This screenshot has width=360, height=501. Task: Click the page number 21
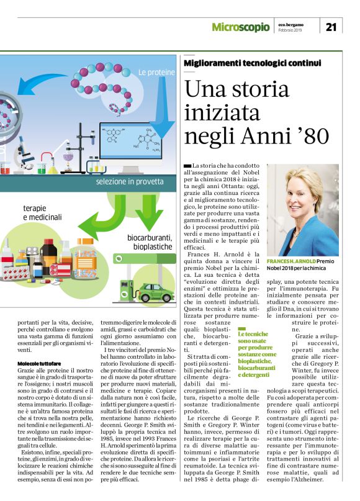(331, 27)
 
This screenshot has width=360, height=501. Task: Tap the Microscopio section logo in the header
(241, 27)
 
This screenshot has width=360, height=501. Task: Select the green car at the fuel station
(153, 292)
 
